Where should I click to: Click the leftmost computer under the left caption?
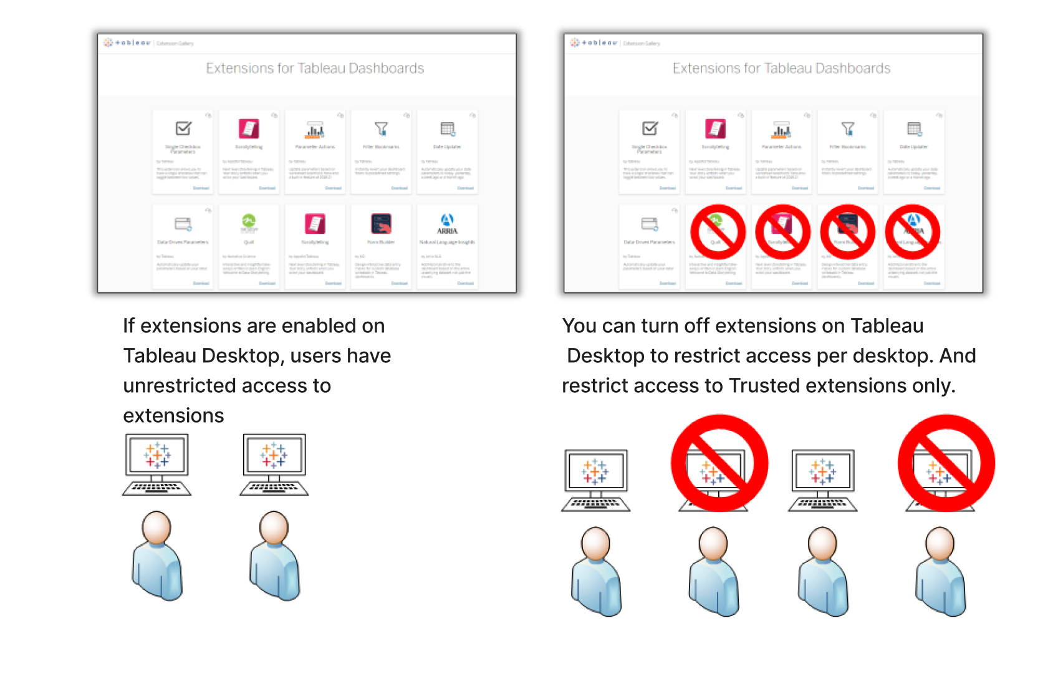(156, 464)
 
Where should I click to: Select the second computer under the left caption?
(274, 464)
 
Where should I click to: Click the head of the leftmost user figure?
(156, 527)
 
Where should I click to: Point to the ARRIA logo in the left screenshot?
(447, 223)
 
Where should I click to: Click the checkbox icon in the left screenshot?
(183, 128)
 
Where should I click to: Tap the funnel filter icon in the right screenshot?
(848, 128)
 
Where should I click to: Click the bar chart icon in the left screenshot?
(315, 130)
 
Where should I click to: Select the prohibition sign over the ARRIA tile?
(913, 232)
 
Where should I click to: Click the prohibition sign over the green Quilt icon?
(718, 232)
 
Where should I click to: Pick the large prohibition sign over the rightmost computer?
(946, 463)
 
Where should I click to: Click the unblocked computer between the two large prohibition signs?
(823, 479)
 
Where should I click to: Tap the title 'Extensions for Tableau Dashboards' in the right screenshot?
(781, 69)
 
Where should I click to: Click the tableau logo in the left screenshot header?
(128, 43)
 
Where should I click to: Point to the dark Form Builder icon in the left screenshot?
(381, 223)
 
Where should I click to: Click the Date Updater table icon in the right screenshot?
(914, 129)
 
